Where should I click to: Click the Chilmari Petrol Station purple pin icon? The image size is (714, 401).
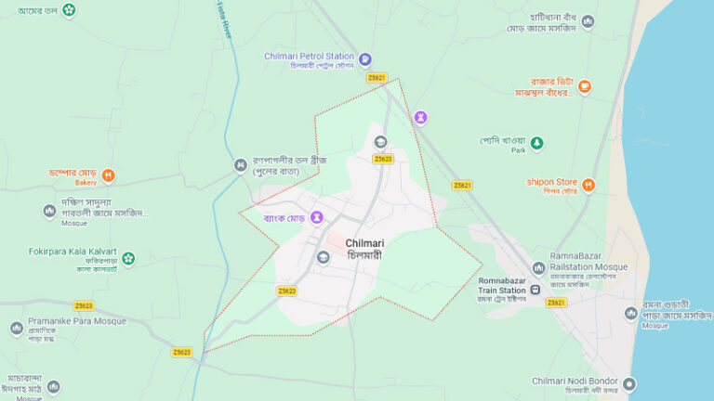click(365, 58)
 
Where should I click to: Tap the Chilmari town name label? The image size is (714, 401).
click(364, 242)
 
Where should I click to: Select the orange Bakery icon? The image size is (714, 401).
click(109, 173)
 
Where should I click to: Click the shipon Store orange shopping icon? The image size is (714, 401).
click(588, 185)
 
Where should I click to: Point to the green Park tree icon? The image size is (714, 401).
click(536, 144)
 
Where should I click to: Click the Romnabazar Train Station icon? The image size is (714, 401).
click(536, 291)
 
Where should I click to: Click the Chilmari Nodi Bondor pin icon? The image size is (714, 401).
click(629, 383)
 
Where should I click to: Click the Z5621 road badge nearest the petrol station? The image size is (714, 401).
click(377, 78)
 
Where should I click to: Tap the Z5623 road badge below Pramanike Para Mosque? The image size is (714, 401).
click(181, 352)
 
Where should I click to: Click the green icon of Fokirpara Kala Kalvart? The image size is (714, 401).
click(128, 258)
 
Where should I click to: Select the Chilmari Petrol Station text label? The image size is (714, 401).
click(310, 57)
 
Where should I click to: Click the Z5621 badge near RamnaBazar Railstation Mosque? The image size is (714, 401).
click(556, 303)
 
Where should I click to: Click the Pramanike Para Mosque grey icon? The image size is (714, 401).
click(17, 329)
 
